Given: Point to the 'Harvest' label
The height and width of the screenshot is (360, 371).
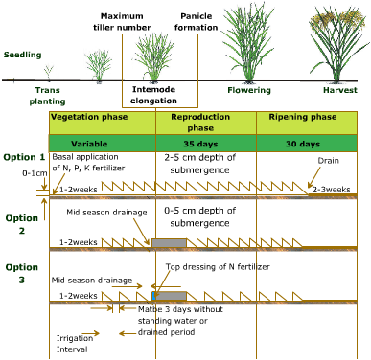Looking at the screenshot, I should click(336, 91).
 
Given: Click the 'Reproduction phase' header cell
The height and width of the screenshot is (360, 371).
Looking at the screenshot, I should click(205, 122).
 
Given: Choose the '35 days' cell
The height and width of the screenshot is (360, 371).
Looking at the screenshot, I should click(205, 144).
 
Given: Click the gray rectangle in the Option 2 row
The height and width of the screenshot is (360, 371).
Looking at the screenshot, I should click(169, 243).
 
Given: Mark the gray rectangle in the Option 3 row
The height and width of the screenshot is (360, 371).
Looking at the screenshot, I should click(169, 297).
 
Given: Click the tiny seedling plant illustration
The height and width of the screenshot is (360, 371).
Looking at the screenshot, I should click(48, 72).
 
